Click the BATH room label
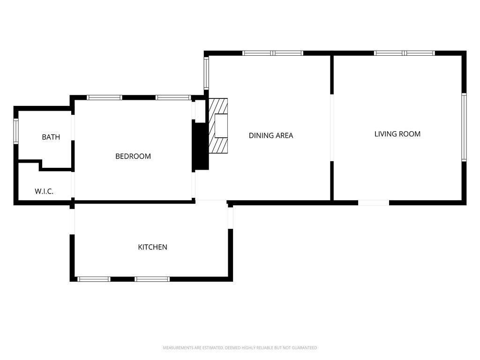(x=51, y=137)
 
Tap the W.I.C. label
(x=44, y=191)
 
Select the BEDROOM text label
(x=133, y=156)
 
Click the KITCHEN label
(x=152, y=247)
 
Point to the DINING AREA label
(x=271, y=135)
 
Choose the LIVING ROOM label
(x=397, y=134)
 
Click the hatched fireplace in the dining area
(x=218, y=126)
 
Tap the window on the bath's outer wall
(x=16, y=131)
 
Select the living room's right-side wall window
(x=464, y=127)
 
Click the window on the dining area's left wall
(x=206, y=73)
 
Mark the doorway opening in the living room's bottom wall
(x=374, y=202)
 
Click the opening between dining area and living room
(x=332, y=127)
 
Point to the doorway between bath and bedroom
(x=73, y=127)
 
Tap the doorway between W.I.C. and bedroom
(x=73, y=185)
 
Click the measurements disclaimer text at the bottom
(x=240, y=348)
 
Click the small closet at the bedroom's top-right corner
(x=200, y=110)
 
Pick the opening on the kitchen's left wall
(x=72, y=222)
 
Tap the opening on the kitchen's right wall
(x=231, y=218)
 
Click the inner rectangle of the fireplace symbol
(x=221, y=126)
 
